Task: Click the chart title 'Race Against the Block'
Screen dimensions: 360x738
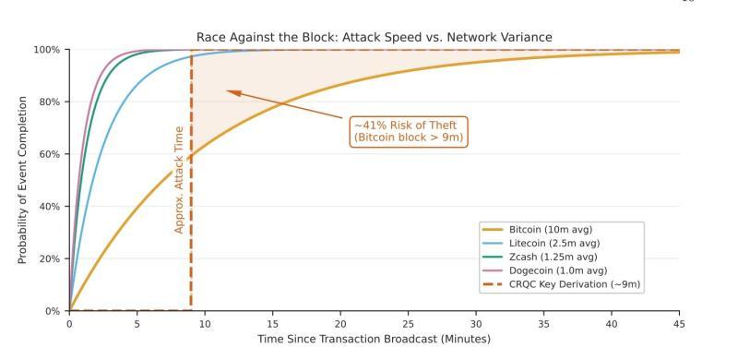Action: (x=374, y=37)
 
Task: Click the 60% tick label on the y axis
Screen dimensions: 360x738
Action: (x=51, y=154)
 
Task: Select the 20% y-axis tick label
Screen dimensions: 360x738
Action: (x=51, y=258)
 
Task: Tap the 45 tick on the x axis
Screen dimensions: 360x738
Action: (x=679, y=324)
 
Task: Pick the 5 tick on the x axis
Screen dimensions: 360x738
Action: (x=137, y=324)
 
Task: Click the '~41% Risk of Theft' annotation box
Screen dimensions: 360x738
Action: (x=409, y=131)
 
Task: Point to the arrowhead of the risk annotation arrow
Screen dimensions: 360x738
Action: (x=228, y=90)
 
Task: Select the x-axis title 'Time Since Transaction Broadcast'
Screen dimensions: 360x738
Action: (x=374, y=340)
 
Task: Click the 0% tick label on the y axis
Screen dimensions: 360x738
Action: (x=54, y=311)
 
